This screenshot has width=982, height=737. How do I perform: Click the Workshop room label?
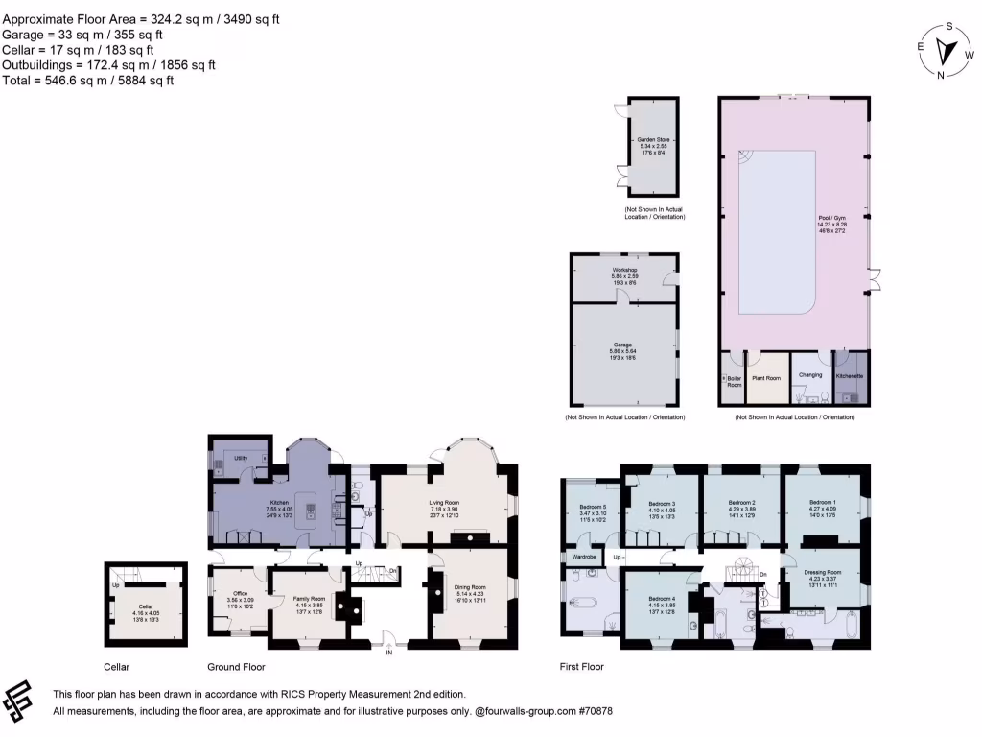625,270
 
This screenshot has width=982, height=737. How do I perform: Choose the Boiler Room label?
734,381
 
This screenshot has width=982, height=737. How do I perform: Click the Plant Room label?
765,378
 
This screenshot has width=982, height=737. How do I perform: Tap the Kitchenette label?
850,375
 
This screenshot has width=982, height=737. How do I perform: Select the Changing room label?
810,375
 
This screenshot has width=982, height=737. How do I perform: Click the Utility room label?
241,459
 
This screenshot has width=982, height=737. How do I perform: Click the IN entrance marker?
389,653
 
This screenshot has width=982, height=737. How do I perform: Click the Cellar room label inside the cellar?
145,606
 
